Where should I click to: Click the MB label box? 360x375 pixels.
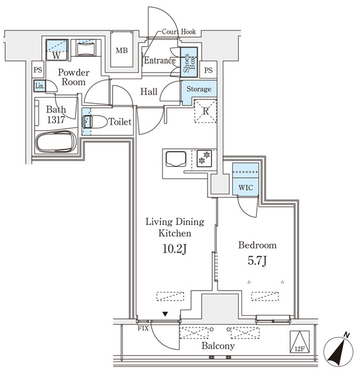121,51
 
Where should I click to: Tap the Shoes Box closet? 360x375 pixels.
188,62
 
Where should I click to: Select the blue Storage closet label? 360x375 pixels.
199,89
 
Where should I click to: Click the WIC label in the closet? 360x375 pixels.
245,188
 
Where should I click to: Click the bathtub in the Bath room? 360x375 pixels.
56,142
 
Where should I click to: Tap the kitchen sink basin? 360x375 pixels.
176,158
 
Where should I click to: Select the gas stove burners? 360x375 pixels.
203,158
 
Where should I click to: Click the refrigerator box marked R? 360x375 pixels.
206,111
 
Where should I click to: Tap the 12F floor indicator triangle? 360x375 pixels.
300,341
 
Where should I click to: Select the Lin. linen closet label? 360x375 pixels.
39,86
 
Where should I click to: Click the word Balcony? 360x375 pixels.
218,346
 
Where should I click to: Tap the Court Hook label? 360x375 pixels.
179,32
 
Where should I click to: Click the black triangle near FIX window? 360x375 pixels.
165,315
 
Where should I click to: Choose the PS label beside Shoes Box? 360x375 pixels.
209,70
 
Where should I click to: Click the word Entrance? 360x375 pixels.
159,60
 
